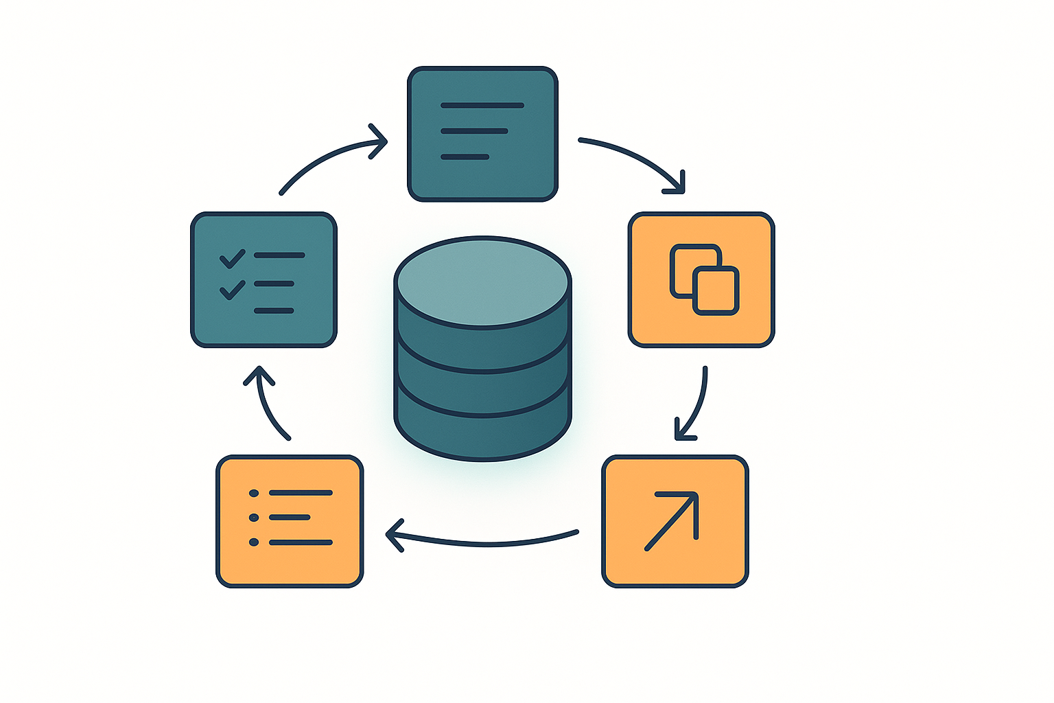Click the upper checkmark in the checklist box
pyautogui.click(x=232, y=259)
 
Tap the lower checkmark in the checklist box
pyautogui.click(x=232, y=290)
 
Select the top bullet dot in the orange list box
pyautogui.click(x=254, y=493)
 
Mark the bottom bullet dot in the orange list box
pyautogui.click(x=254, y=542)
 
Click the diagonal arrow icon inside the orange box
pyautogui.click(x=672, y=520)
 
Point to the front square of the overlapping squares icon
pyautogui.click(x=716, y=291)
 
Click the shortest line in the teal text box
pyautogui.click(x=465, y=157)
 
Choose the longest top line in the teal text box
pyautogui.click(x=482, y=106)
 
